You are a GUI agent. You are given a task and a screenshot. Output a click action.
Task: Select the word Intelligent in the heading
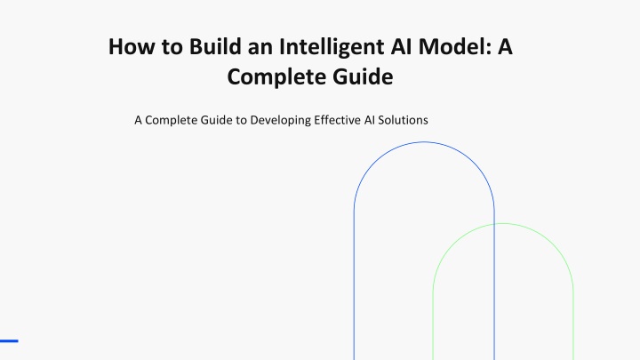click(332, 47)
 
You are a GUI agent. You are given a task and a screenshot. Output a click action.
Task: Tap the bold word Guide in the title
click(363, 76)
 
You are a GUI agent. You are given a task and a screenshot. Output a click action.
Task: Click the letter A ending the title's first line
click(505, 46)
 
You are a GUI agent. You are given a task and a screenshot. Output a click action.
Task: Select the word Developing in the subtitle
click(280, 121)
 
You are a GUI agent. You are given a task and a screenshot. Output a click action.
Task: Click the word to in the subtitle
click(241, 120)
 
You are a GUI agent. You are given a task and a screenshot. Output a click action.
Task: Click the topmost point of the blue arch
click(424, 142)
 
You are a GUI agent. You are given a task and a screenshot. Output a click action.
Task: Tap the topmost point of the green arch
click(503, 223)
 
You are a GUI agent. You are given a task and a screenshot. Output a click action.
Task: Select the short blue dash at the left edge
click(9, 340)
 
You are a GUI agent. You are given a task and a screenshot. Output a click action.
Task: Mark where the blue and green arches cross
click(494, 224)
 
